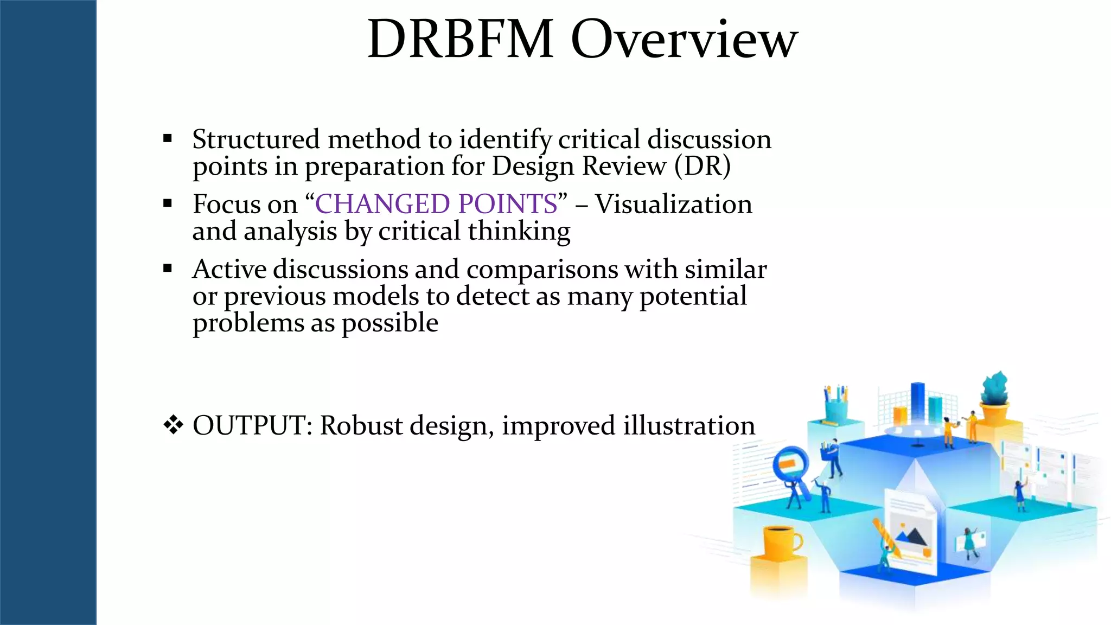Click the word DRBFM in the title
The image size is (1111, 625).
pos(460,39)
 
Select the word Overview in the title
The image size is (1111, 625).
pos(684,39)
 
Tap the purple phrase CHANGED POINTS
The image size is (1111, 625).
pos(436,204)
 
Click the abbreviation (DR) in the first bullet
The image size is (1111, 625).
pos(703,166)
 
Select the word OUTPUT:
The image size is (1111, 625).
pos(252,425)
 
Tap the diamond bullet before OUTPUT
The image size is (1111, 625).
pos(173,425)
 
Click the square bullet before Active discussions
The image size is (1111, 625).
pos(168,268)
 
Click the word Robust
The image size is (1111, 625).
pos(361,425)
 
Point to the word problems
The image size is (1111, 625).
pos(247,323)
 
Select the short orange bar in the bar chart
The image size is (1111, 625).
pos(900,416)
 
